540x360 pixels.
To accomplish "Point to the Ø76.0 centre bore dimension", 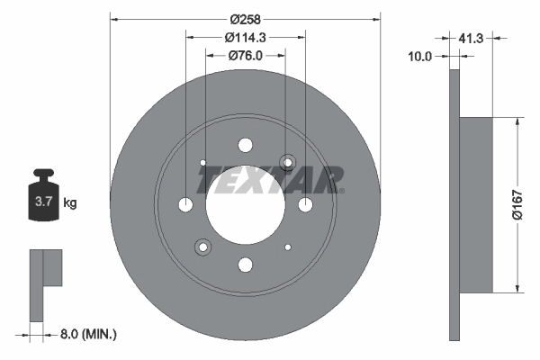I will (x=244, y=57).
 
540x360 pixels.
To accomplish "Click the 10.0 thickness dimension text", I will (x=419, y=57).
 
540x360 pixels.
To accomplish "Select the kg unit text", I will (x=69, y=203).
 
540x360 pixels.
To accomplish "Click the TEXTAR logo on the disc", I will (x=270, y=180).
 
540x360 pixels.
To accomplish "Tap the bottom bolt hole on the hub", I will (x=244, y=265).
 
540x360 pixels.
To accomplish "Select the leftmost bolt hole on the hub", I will (x=185, y=205).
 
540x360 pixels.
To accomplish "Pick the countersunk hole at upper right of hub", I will (x=287, y=163).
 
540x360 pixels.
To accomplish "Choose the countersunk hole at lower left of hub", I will (x=202, y=247).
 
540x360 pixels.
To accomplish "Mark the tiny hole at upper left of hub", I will (x=202, y=163).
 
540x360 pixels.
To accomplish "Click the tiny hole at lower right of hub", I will (x=287, y=247).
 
